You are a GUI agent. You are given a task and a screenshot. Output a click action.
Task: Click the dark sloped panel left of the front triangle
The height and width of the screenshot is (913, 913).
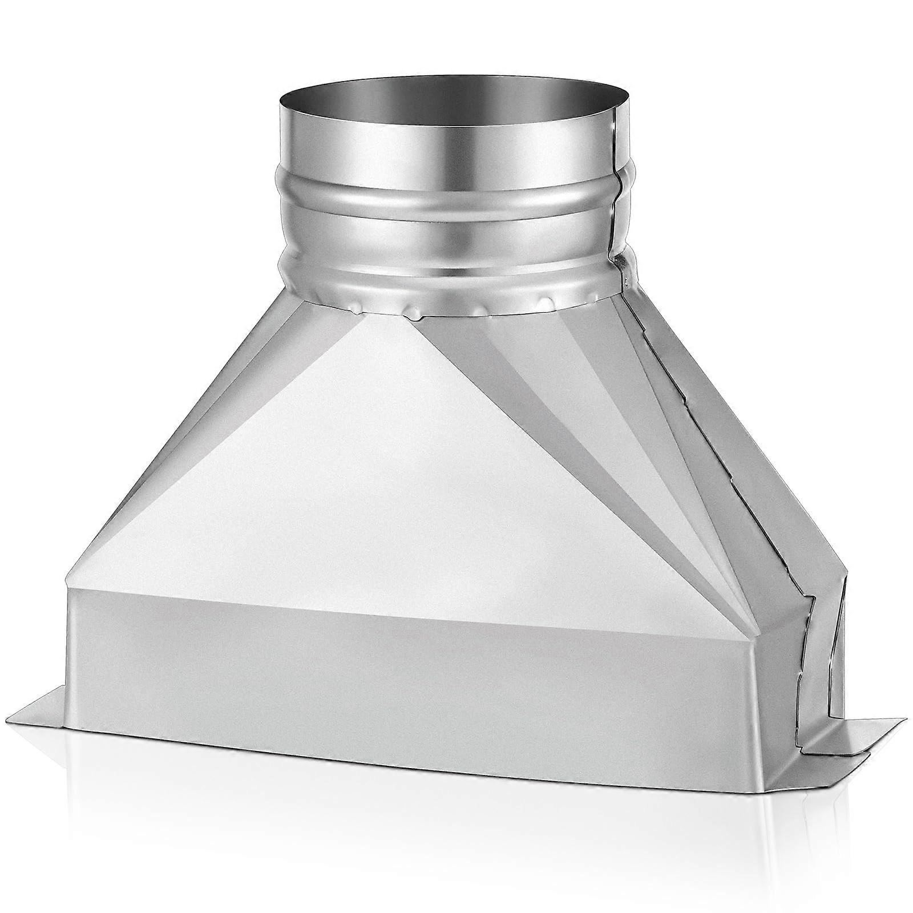point(188,457)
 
